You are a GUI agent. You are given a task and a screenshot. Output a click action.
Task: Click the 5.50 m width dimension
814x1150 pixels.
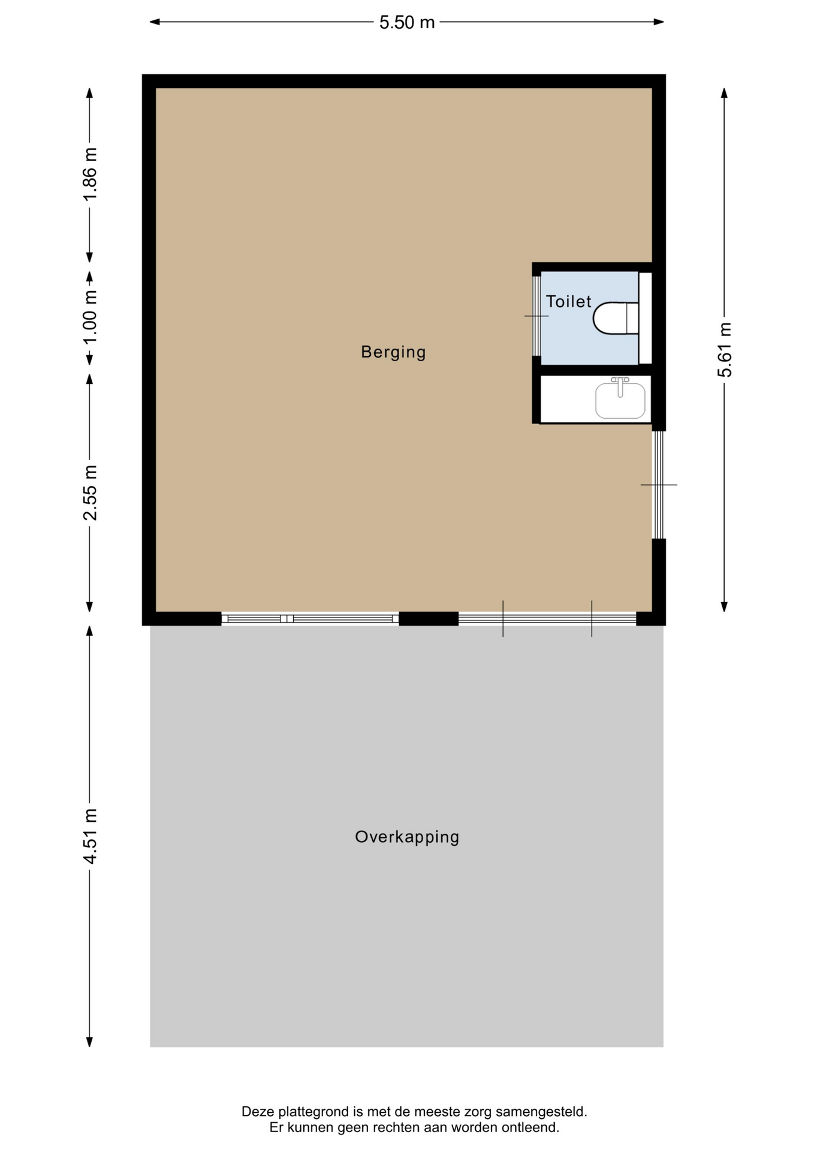[x=407, y=22]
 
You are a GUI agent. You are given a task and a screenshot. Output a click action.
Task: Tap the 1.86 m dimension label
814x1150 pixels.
[x=90, y=174]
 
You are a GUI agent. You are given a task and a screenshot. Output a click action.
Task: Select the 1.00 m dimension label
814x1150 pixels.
[x=90, y=317]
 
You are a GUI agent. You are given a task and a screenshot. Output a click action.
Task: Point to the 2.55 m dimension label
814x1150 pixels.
[x=90, y=492]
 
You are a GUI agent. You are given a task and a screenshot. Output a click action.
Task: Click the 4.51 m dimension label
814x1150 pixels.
[x=90, y=836]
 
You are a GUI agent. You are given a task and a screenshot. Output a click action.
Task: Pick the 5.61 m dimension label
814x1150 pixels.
[x=725, y=350]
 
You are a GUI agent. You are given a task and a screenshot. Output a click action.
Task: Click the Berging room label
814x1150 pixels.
[x=393, y=352]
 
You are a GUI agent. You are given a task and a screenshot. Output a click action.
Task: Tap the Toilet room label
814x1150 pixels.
[x=568, y=301]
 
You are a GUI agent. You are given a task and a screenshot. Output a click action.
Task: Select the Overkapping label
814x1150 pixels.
[x=407, y=837]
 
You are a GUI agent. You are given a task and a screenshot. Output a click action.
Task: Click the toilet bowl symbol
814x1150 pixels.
[x=616, y=318]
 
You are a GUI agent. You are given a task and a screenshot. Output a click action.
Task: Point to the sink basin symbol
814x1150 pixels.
[x=620, y=400]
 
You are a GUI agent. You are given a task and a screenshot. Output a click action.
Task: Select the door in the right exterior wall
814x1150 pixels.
[x=659, y=485]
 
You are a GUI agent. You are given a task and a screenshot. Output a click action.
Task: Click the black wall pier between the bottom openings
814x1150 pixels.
[x=429, y=619]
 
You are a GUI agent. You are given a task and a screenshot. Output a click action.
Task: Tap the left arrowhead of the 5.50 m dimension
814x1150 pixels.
[x=155, y=22]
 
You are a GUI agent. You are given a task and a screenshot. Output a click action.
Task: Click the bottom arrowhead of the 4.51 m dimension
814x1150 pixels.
[x=90, y=1042]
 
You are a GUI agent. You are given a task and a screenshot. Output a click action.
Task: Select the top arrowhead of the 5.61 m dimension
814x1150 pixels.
[x=724, y=93]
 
